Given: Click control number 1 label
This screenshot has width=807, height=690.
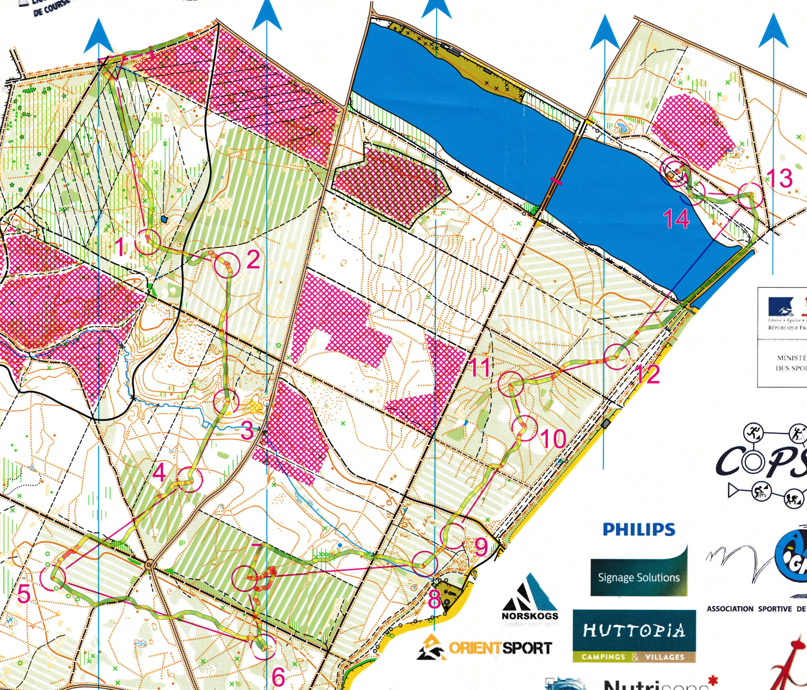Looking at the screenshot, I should click(120, 247).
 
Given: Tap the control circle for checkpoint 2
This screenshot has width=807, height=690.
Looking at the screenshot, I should click(226, 265).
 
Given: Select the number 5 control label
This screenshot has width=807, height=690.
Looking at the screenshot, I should click(24, 594).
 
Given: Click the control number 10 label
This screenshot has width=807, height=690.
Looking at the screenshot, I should click(553, 439).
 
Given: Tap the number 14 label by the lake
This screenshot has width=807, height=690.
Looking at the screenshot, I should click(676, 219).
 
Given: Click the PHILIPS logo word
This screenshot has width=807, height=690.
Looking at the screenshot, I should click(638, 529).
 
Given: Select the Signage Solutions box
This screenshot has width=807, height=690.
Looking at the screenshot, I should click(638, 577).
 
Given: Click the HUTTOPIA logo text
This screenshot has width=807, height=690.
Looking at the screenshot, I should click(634, 630).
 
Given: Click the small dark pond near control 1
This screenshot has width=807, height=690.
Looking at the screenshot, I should click(163, 219).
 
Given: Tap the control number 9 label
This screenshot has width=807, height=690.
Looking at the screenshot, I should click(481, 547).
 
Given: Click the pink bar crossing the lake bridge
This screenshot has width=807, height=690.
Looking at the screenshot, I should click(556, 181).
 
